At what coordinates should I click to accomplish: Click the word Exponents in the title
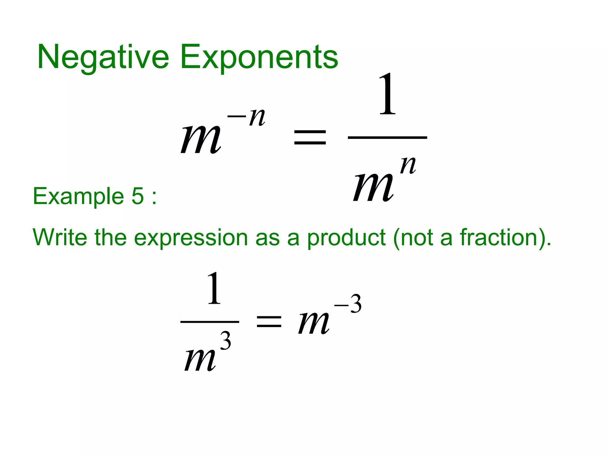point(259,57)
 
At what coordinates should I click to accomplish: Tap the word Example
point(78,196)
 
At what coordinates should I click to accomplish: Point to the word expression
point(191,238)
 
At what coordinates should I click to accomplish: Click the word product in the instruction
point(346,238)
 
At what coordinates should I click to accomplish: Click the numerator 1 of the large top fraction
point(387,94)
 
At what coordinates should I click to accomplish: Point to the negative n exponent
point(247,117)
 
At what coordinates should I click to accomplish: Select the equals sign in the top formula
point(310,137)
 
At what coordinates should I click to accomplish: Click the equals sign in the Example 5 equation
point(269,322)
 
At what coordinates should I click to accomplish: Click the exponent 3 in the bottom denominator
point(225,341)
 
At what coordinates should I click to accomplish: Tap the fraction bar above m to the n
point(387,137)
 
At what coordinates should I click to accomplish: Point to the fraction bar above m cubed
point(210,322)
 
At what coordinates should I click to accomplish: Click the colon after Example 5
point(154,197)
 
